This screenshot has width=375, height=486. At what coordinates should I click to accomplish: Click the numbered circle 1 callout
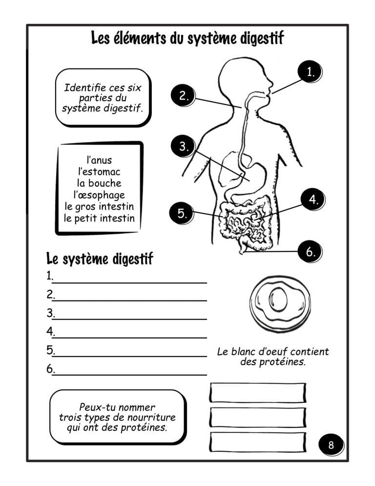click(x=310, y=72)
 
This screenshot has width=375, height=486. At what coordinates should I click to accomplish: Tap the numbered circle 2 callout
click(x=184, y=95)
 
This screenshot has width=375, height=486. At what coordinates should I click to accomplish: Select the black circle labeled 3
click(x=184, y=146)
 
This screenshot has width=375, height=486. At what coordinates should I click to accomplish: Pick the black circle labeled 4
click(x=313, y=199)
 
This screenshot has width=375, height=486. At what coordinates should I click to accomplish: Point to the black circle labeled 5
click(x=181, y=214)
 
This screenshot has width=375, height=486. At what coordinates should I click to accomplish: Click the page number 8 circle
click(x=331, y=445)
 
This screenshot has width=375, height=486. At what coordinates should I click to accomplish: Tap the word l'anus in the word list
click(x=99, y=160)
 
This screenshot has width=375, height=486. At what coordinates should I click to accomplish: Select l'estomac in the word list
click(x=99, y=172)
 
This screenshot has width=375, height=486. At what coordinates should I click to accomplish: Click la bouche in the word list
click(x=99, y=183)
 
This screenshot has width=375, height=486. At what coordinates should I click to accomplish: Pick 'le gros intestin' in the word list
click(x=99, y=206)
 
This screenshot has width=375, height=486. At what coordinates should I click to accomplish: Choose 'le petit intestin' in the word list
click(x=99, y=218)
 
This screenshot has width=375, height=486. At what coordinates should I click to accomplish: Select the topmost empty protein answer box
click(x=257, y=393)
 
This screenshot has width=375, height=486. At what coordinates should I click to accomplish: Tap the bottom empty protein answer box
click(x=257, y=442)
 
